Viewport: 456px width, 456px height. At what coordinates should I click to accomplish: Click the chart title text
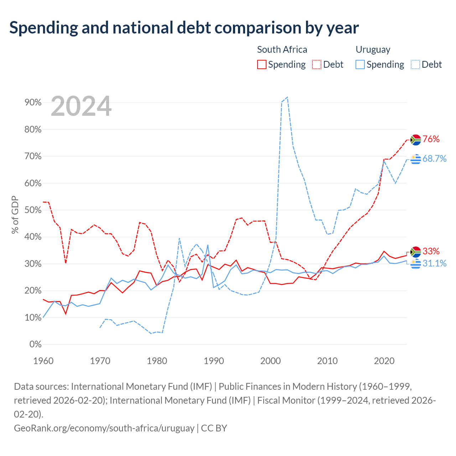pos(184,28)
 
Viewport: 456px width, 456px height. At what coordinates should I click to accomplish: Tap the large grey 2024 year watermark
pos(81,106)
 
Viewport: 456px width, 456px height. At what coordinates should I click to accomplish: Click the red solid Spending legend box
pos(261,64)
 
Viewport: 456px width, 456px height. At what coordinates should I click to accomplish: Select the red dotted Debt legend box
pos(316,64)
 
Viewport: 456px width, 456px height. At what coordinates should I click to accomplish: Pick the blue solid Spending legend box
pos(360,64)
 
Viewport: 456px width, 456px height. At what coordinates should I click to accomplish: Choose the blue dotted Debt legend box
pos(415,64)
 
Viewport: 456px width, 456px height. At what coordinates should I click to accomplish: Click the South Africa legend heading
pos(282,50)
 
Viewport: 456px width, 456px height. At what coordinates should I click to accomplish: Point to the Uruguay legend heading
pos(373,50)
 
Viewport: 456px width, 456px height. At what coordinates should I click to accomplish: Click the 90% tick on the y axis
pos(33,103)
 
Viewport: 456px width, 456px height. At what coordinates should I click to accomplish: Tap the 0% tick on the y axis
pos(36,344)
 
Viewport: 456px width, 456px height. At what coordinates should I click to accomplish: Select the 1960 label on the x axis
pos(43,361)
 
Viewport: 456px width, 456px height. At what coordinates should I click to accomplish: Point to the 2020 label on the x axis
pos(384,361)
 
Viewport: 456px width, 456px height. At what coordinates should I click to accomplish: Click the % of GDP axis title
pos(15,214)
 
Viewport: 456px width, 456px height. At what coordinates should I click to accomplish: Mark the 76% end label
pos(431,139)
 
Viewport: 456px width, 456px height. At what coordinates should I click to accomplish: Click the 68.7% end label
pos(434,159)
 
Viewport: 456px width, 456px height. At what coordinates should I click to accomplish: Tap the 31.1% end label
pos(434,263)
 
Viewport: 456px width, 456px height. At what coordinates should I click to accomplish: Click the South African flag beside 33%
pos(415,252)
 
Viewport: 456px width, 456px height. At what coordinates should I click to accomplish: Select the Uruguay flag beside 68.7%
pos(415,159)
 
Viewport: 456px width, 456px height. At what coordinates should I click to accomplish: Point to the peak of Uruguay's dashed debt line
pos(287,97)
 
